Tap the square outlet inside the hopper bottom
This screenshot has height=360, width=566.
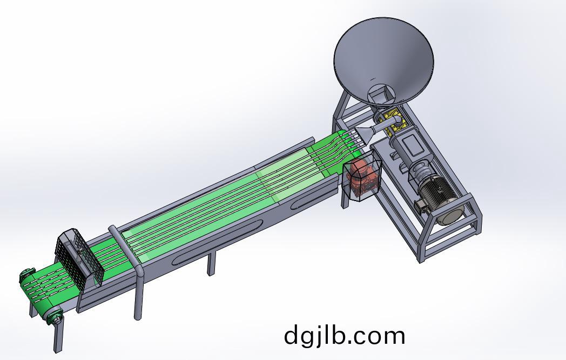(x=381, y=95)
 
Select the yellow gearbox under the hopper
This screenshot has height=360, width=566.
(x=395, y=122)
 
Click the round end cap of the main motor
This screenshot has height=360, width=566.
(x=449, y=215)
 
